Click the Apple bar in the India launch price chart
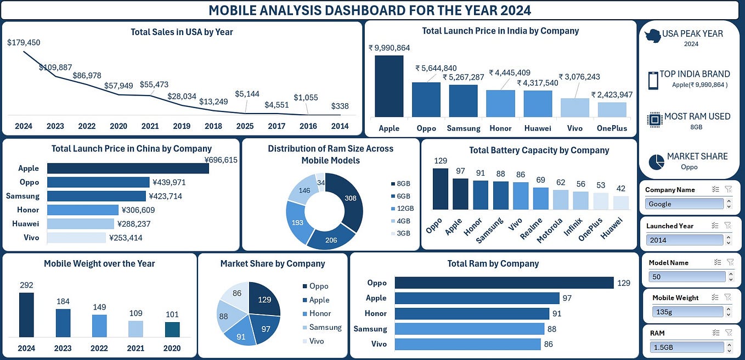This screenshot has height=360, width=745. point(388,86)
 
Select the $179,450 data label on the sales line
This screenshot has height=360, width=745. point(24,42)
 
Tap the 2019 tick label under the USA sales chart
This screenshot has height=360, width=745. point(182,126)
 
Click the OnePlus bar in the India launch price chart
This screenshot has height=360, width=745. point(612,110)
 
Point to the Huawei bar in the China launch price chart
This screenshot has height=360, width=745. point(81,224)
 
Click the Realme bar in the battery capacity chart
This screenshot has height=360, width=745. point(540,199)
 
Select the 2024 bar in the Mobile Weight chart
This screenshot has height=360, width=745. point(26,314)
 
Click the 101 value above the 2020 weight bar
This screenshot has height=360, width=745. point(172,314)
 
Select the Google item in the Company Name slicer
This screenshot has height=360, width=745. point(684,204)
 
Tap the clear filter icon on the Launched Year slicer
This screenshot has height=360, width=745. point(728,225)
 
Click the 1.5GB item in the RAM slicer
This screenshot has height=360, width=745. point(686,347)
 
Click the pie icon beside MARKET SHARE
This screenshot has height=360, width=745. point(656,162)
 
